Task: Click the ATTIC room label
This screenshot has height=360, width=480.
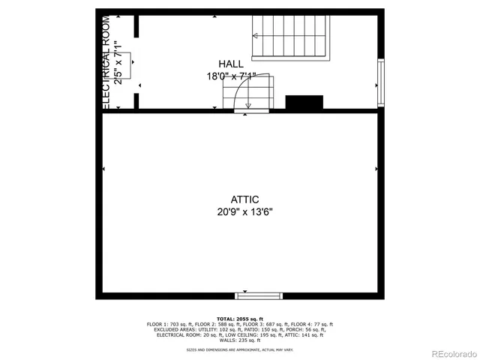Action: click(x=245, y=199)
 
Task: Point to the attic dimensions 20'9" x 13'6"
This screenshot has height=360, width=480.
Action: click(x=245, y=211)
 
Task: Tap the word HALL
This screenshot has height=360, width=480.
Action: click(x=231, y=64)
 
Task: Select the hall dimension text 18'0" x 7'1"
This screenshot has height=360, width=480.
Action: click(x=232, y=76)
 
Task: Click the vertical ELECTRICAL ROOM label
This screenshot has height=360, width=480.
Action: click(x=106, y=60)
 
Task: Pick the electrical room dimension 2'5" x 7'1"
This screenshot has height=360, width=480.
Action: click(x=118, y=61)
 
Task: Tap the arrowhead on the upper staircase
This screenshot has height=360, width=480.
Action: click(x=256, y=35)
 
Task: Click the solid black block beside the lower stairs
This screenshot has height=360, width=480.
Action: click(x=304, y=102)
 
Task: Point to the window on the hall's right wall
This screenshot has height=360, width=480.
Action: click(x=381, y=83)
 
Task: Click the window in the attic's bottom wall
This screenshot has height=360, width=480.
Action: click(x=259, y=295)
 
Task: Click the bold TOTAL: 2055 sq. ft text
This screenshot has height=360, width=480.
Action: click(x=240, y=319)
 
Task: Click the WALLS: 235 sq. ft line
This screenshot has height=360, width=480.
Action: click(x=240, y=340)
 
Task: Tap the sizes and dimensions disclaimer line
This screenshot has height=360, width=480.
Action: click(x=240, y=350)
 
